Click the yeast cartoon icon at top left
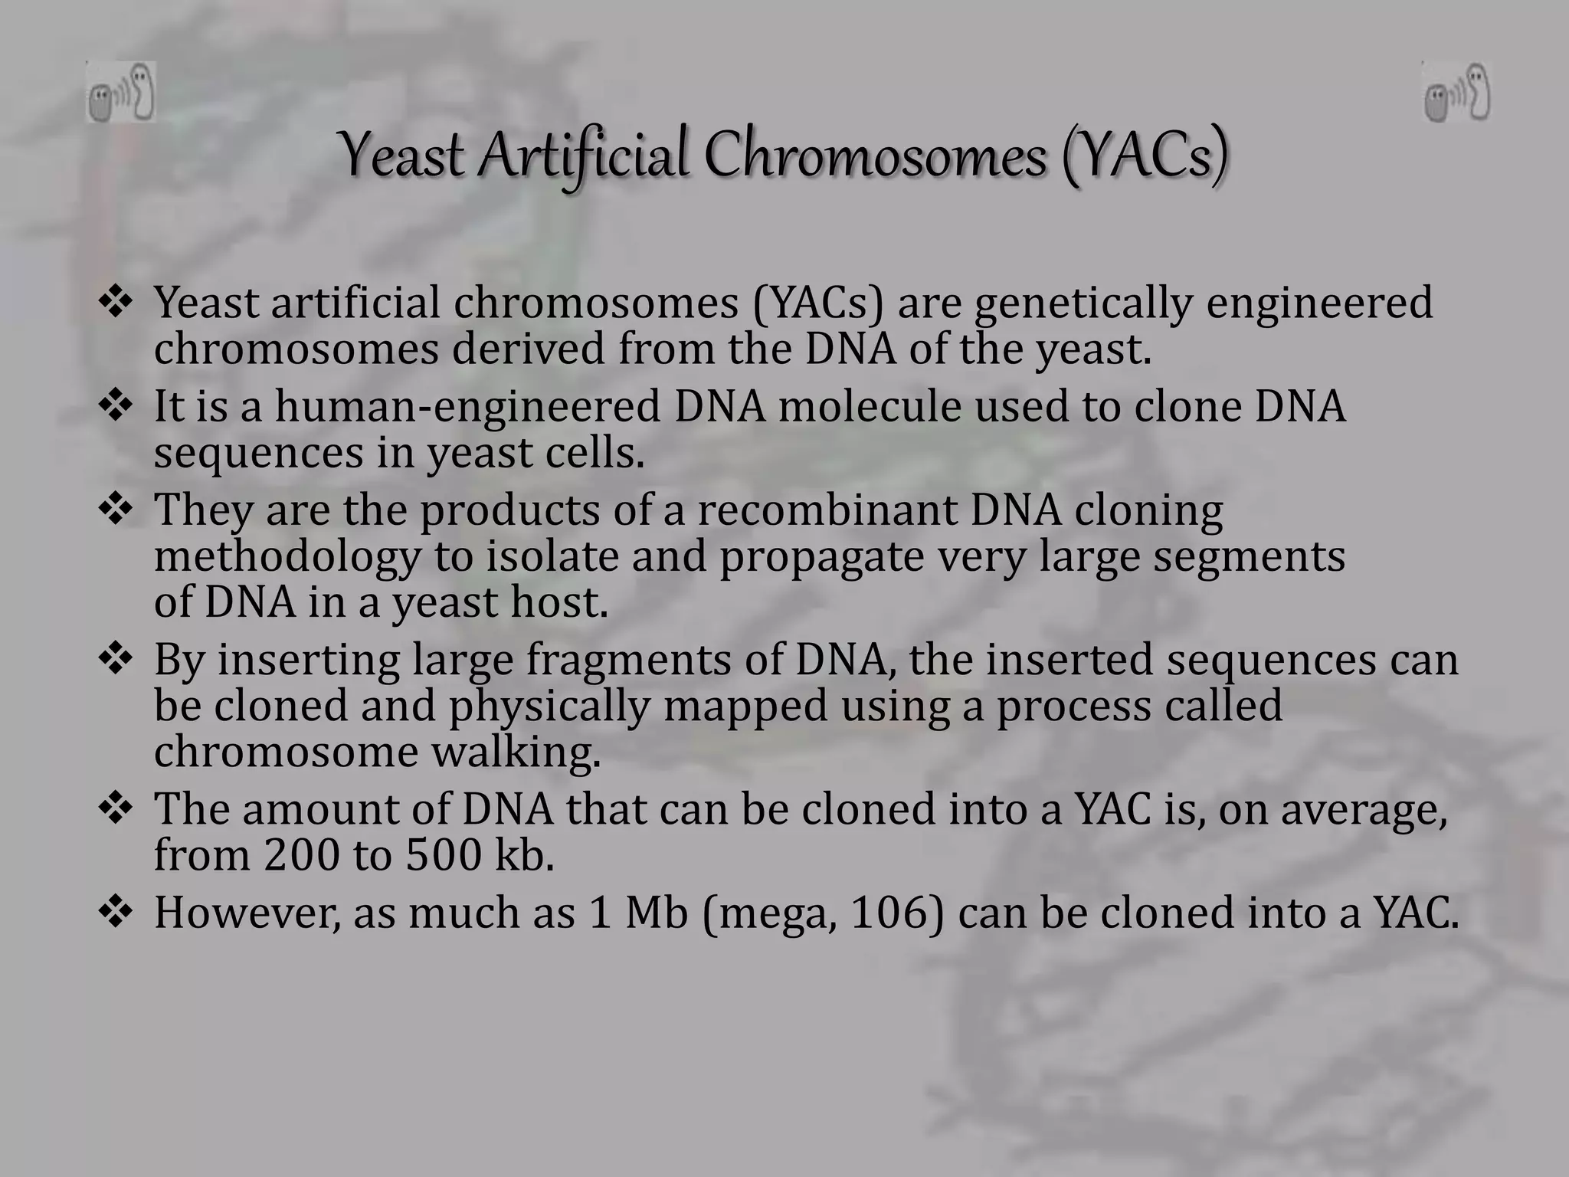121,93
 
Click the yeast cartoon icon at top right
1456,92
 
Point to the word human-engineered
467,406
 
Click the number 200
301,855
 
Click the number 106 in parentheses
889,913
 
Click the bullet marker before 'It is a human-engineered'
116,405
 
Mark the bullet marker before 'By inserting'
116,659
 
